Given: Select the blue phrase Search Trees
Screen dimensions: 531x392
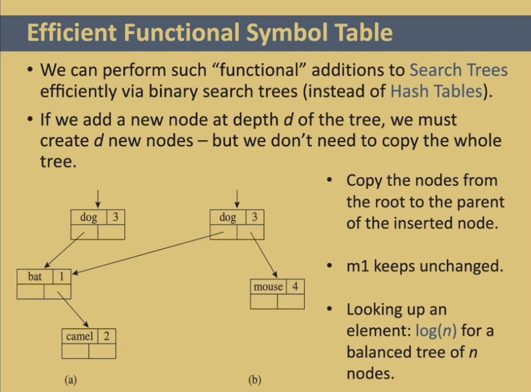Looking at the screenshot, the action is pyautogui.click(x=458, y=70).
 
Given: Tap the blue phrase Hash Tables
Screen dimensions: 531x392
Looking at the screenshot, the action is pyautogui.click(x=436, y=91).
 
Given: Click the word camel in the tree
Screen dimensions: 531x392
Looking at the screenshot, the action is pyautogui.click(x=79, y=336).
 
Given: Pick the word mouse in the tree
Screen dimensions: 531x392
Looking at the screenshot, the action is pyautogui.click(x=268, y=287).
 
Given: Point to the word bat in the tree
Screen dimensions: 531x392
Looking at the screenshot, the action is pyautogui.click(x=35, y=276).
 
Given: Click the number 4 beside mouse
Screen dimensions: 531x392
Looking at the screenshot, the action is pyautogui.click(x=296, y=286).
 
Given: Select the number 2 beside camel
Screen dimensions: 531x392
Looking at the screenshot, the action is pyautogui.click(x=106, y=336).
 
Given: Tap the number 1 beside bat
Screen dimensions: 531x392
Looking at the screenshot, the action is pyautogui.click(x=62, y=276).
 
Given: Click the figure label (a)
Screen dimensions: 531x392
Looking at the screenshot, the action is pyautogui.click(x=71, y=380).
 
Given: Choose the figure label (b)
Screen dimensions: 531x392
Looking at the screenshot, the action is pyautogui.click(x=255, y=380).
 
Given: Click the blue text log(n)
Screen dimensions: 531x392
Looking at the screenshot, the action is pyautogui.click(x=436, y=330).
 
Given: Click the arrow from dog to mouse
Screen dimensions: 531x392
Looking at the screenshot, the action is pyautogui.click(x=264, y=255).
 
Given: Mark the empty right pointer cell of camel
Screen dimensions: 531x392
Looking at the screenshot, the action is pyautogui.click(x=102, y=351).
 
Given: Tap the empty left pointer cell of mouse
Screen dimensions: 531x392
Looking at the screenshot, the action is pyautogui.click(x=264, y=302).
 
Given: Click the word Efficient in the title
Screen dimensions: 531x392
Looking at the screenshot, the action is pyautogui.click(x=73, y=32).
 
